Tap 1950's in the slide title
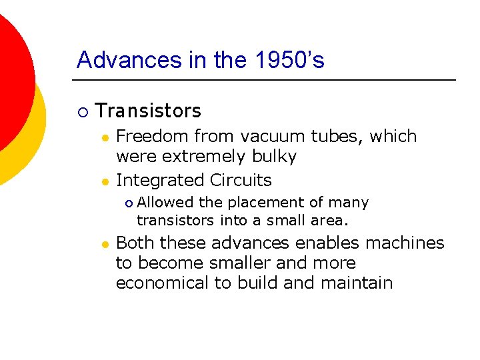click(x=290, y=61)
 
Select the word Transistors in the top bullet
click(x=148, y=111)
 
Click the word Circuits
click(x=241, y=181)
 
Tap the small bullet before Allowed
click(x=129, y=203)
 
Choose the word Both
click(x=135, y=243)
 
